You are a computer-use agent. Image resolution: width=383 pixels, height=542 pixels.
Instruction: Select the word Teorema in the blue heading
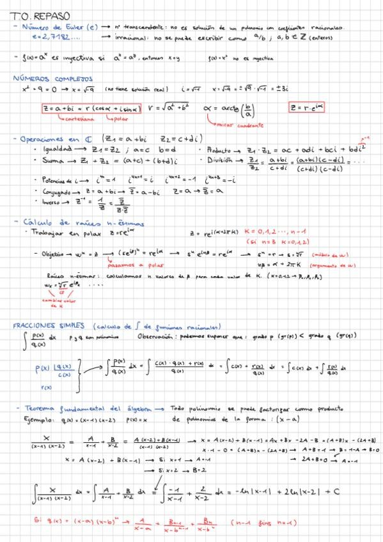[x=39, y=407]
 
